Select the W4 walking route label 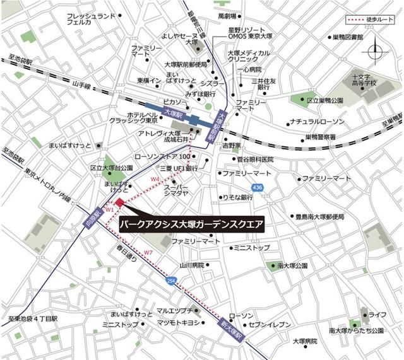point(155,180)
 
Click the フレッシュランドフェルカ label point(89,18)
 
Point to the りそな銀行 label point(236,197)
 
